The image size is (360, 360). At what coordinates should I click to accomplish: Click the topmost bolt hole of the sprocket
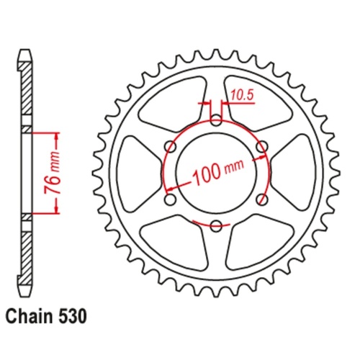point(216,120)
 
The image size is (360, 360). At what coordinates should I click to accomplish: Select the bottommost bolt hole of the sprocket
point(216,225)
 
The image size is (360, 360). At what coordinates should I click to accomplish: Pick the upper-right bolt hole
point(262,146)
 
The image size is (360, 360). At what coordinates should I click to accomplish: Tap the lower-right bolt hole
point(262,199)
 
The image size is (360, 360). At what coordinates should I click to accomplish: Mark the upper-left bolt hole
point(171,146)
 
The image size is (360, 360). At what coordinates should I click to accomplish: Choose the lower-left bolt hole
point(171,199)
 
